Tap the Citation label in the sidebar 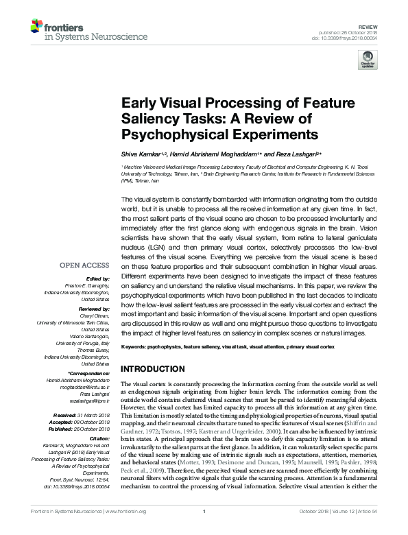click(98, 438)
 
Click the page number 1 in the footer click(204, 529)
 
